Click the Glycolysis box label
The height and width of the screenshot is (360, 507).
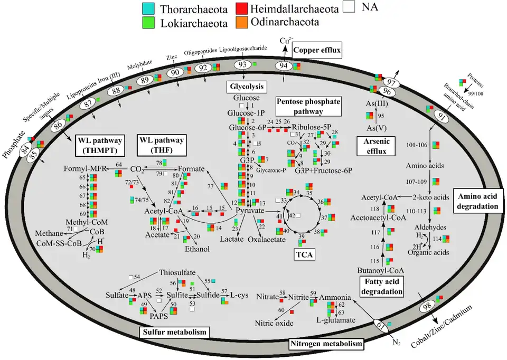[246, 87]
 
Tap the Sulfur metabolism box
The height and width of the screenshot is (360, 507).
[174, 332]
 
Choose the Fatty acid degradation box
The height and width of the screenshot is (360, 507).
[382, 286]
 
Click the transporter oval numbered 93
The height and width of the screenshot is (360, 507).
[242, 64]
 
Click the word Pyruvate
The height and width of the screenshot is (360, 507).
[249, 210]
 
